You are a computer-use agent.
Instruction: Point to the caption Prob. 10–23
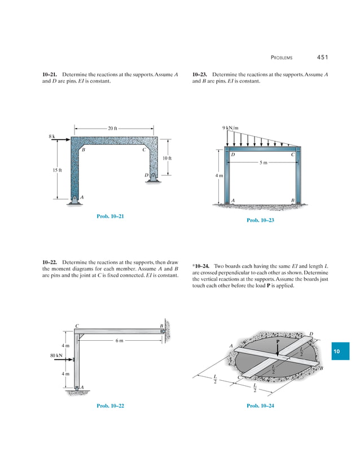(x=260, y=220)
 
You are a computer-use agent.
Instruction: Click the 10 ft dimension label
(x=166, y=158)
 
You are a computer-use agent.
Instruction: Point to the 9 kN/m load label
(x=231, y=128)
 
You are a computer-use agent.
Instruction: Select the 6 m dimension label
(x=119, y=340)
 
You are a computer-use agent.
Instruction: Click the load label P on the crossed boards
(x=278, y=341)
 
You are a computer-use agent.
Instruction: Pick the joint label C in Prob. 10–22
(x=77, y=326)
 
